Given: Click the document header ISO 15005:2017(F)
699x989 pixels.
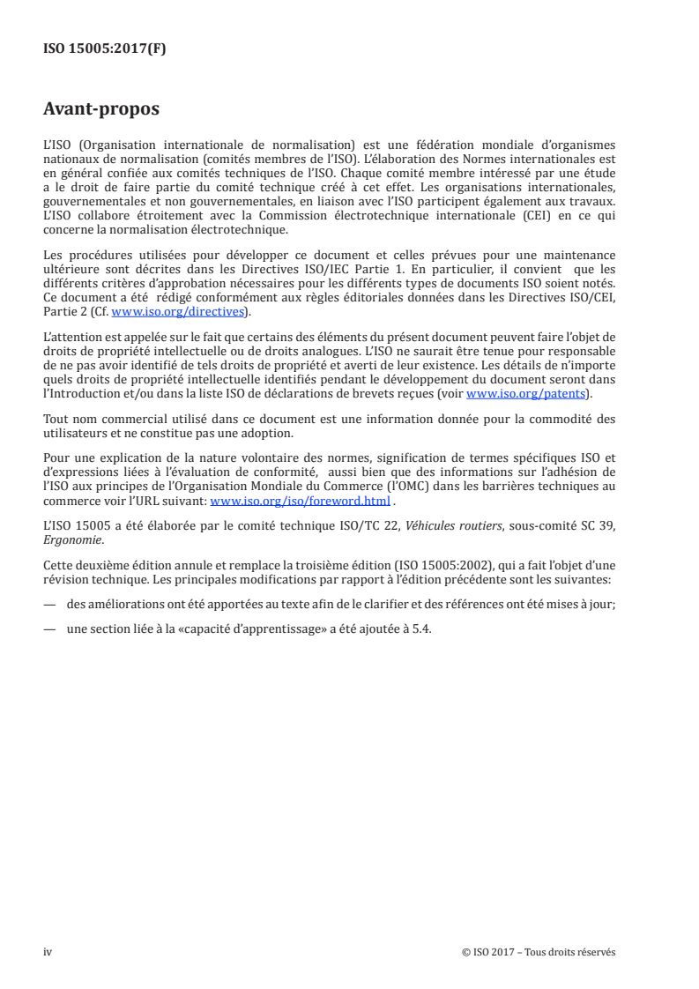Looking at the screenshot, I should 105,49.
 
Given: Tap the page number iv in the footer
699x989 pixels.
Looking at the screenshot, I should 48,951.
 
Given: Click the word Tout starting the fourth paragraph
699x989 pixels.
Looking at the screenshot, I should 57,417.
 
